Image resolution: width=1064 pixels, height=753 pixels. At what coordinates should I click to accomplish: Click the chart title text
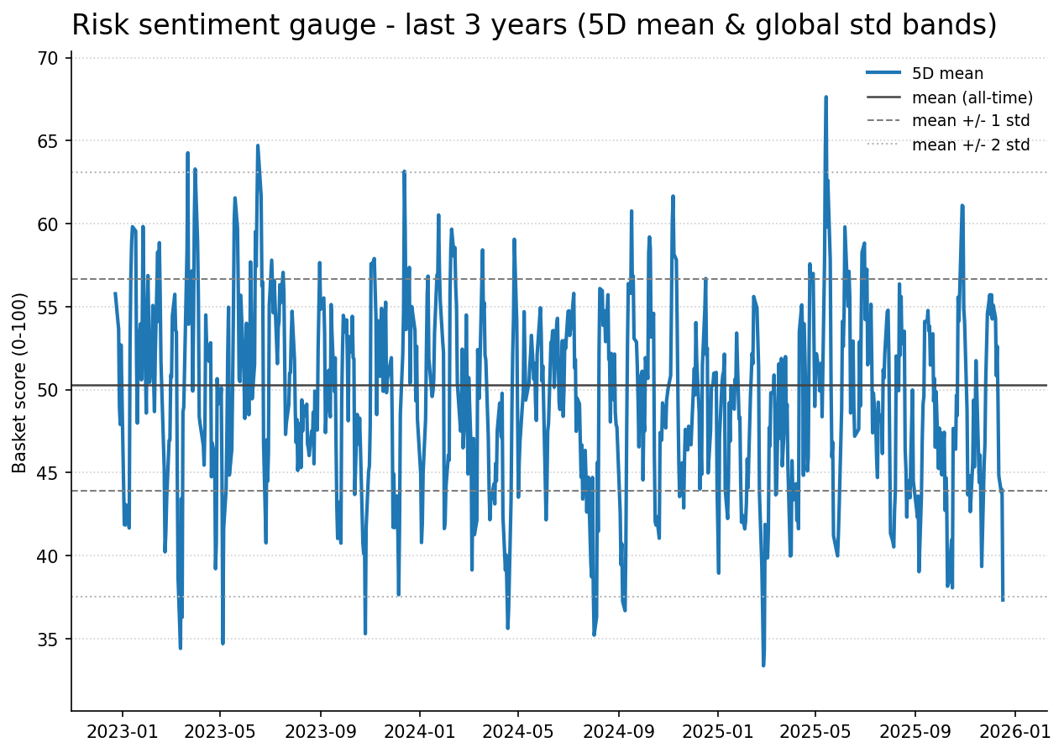point(534,25)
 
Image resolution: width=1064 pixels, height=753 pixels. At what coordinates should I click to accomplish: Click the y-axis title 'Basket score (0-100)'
point(20,382)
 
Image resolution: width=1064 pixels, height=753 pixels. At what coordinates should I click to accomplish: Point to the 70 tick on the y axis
point(47,59)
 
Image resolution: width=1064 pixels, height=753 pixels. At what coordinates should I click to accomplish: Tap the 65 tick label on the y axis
point(47,141)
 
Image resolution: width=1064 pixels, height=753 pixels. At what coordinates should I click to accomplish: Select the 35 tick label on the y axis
point(47,640)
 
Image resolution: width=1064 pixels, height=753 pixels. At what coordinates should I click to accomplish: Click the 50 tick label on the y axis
point(47,390)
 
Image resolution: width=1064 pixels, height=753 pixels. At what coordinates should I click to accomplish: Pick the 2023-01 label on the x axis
point(122,731)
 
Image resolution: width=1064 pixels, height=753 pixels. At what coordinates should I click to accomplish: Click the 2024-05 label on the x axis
point(518,731)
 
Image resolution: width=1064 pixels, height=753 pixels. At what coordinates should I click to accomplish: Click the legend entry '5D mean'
point(947,74)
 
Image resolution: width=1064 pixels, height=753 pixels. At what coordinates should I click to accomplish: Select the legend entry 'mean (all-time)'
point(972,97)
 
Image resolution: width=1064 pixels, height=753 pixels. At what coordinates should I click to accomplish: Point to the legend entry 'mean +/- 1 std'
point(970,121)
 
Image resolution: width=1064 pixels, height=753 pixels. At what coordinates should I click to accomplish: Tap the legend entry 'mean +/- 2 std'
point(970,145)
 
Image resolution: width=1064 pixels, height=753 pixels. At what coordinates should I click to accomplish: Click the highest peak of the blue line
point(826,97)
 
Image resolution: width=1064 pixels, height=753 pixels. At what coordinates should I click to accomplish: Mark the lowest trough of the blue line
point(763,665)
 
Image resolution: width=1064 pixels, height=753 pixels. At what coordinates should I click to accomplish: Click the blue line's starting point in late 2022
point(115,293)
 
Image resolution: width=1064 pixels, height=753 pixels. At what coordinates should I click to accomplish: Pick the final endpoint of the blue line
point(1003,600)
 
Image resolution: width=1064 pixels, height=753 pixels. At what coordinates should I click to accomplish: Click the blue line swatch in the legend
point(883,74)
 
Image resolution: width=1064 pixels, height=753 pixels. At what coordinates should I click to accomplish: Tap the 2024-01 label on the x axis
point(420,731)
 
